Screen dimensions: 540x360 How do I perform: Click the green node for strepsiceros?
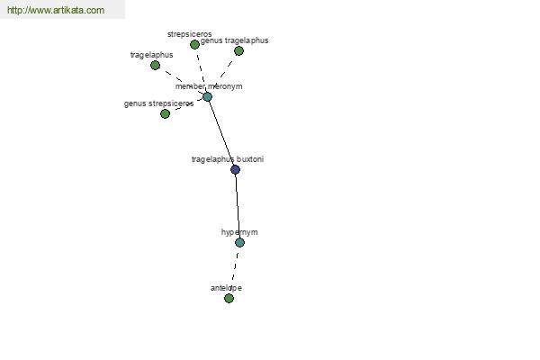[x=194, y=44]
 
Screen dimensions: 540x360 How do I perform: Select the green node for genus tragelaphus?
[x=238, y=51]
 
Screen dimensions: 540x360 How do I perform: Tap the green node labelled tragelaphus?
[x=156, y=65]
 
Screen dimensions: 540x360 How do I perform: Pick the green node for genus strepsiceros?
[x=166, y=113]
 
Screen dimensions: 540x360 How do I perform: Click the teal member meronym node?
[x=207, y=97]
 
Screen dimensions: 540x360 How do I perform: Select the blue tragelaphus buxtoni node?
[x=235, y=169]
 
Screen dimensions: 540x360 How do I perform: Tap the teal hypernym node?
[x=239, y=242]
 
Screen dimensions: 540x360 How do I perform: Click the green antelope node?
[x=229, y=298]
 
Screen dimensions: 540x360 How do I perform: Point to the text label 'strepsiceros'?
[x=189, y=34]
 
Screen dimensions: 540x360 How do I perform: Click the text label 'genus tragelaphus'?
[x=234, y=40]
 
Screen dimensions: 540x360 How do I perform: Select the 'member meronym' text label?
[x=209, y=86]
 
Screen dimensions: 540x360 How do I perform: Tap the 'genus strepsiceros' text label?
[x=158, y=103]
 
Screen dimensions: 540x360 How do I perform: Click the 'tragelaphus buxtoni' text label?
[x=228, y=159]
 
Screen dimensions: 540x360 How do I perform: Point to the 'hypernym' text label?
[x=239, y=232]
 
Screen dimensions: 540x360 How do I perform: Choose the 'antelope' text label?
[x=226, y=288]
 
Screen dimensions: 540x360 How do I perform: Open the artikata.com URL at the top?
[x=56, y=10]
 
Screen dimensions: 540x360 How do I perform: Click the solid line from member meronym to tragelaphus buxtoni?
[x=221, y=133]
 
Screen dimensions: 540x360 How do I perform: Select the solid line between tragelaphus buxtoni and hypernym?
[x=238, y=206]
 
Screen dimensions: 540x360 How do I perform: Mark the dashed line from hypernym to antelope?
[x=235, y=270]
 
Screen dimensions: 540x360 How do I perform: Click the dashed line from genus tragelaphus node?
[x=226, y=69]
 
